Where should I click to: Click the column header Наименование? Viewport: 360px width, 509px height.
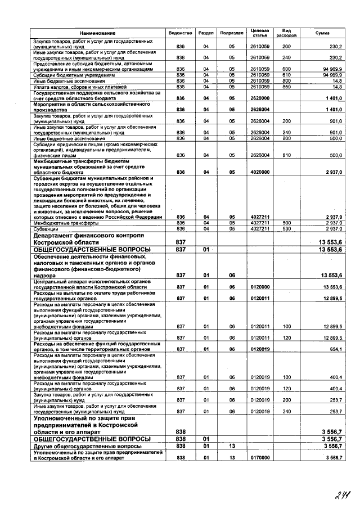pyautogui.click(x=97, y=33)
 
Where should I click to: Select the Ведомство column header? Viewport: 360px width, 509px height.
pyautogui.click(x=181, y=33)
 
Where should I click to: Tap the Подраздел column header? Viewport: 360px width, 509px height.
pyautogui.click(x=231, y=33)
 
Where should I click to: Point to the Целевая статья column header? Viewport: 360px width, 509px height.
pyautogui.click(x=259, y=33)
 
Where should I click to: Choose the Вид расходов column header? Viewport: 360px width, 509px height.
pyautogui.click(x=286, y=33)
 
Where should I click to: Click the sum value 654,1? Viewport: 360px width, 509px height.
pyautogui.click(x=335, y=349)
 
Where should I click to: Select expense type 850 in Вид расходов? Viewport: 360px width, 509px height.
pyautogui.click(x=286, y=87)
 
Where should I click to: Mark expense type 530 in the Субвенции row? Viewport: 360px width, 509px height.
pyautogui.click(x=286, y=228)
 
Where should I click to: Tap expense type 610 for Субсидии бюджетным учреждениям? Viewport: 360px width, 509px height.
pyautogui.click(x=286, y=75)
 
